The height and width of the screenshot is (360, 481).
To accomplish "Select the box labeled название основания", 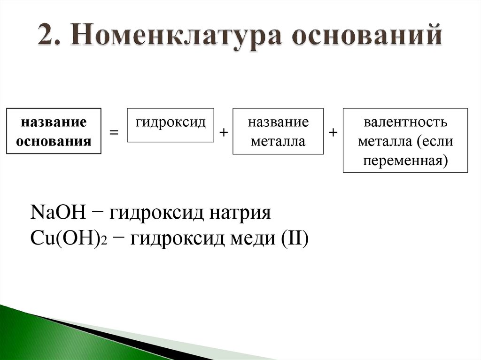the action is coord(54,131).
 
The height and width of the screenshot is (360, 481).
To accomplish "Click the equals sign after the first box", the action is coord(114,133).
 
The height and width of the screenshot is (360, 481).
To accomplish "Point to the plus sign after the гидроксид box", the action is coord(224,133).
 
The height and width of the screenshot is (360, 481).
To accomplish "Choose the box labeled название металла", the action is coord(278,131).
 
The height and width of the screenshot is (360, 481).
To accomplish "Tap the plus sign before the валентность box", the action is coord(333,133).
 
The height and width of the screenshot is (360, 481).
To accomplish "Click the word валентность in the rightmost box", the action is coord(405,123).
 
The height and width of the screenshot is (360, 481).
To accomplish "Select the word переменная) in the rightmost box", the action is coord(405,160).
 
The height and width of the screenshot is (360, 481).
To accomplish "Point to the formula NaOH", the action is coord(58,214).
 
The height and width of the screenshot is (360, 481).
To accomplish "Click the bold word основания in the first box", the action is coord(54,141).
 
